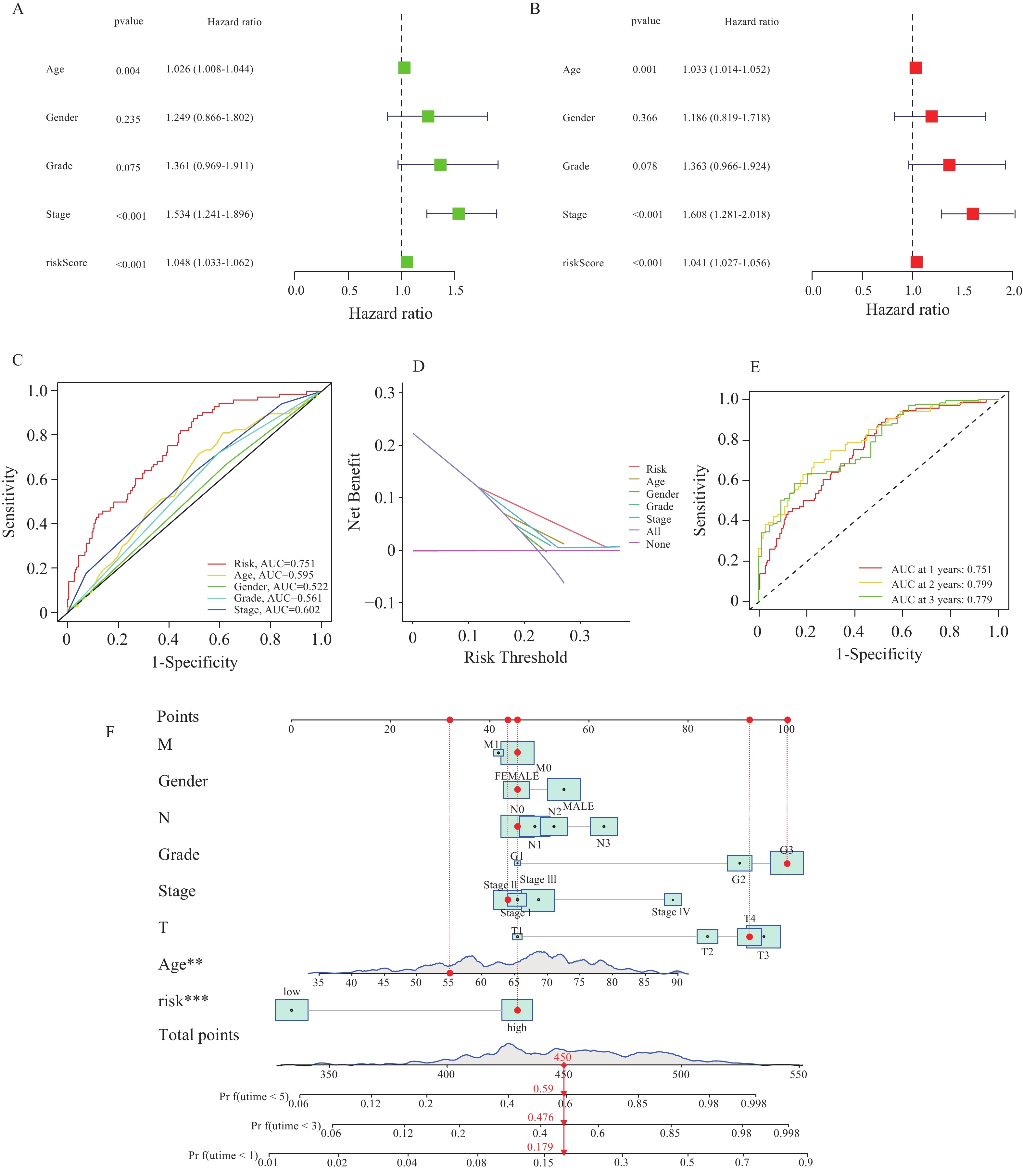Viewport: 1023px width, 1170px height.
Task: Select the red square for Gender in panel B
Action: click(931, 117)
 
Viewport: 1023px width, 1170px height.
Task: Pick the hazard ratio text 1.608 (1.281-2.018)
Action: click(726, 215)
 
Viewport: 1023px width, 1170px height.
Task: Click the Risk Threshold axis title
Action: click(515, 657)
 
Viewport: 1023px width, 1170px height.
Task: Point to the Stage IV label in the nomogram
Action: click(671, 912)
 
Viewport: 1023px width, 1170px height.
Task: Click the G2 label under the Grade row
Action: click(738, 879)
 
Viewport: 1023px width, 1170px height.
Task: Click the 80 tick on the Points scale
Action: click(687, 729)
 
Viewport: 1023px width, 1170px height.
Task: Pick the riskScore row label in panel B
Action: click(583, 263)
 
